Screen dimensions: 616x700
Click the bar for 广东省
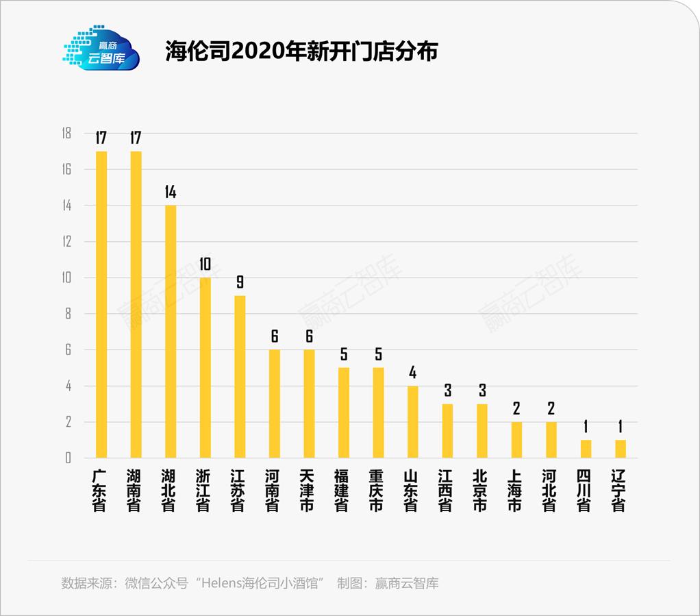(101, 304)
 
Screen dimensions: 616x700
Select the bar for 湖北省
(171, 332)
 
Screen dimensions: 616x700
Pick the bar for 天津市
(309, 404)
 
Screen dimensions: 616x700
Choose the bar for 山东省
(413, 422)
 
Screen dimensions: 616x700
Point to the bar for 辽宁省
(621, 449)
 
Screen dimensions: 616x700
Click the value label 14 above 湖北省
(171, 192)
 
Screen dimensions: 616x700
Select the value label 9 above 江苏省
(240, 282)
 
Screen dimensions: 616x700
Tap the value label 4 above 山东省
(413, 373)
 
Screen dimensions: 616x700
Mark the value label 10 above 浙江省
(205, 264)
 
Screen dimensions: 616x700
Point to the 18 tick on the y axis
(66, 134)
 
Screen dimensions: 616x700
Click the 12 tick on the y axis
(66, 242)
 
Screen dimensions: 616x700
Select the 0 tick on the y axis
(68, 458)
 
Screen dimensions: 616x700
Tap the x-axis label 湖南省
(136, 491)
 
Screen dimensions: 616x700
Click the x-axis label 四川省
(584, 491)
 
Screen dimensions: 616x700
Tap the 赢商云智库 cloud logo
(101, 48)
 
